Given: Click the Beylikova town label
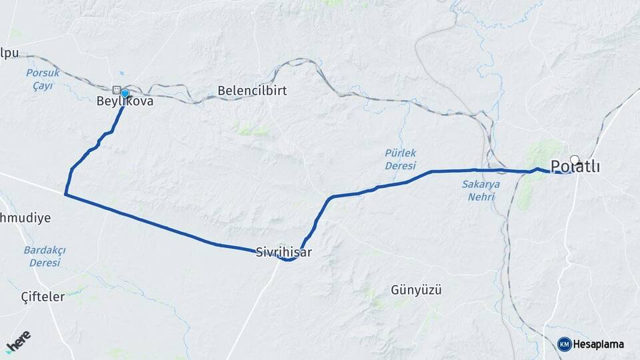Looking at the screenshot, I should pyautogui.click(x=125, y=102).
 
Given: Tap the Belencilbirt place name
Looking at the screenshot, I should pyautogui.click(x=252, y=91).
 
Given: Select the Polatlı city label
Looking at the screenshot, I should pyautogui.click(x=575, y=167).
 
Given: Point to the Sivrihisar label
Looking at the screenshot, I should pyautogui.click(x=283, y=253).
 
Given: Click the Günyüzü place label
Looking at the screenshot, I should pyautogui.click(x=417, y=291).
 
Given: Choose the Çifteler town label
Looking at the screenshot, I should pyautogui.click(x=43, y=297).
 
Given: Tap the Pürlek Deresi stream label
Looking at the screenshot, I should pyautogui.click(x=400, y=159).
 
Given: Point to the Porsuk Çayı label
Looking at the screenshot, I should pyautogui.click(x=43, y=79).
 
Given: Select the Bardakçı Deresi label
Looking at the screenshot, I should pyautogui.click(x=44, y=256).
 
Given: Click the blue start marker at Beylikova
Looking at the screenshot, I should pyautogui.click(x=125, y=93).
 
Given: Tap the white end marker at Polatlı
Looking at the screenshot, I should pyautogui.click(x=575, y=160).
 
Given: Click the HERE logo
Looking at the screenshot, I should pyautogui.click(x=19, y=341).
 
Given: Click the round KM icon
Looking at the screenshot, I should pyautogui.click(x=564, y=344).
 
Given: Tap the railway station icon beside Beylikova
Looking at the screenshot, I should pyautogui.click(x=117, y=90).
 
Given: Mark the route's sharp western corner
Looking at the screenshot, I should pyautogui.click(x=65, y=194).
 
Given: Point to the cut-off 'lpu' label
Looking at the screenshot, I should pyautogui.click(x=10, y=53).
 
